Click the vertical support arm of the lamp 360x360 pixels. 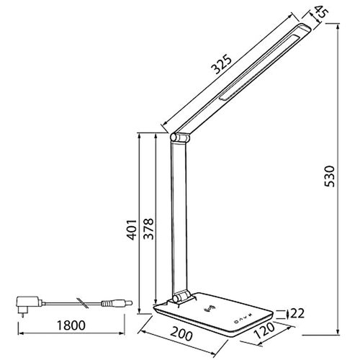pos(180,216)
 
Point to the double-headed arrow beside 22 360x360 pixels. pos(289,312)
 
